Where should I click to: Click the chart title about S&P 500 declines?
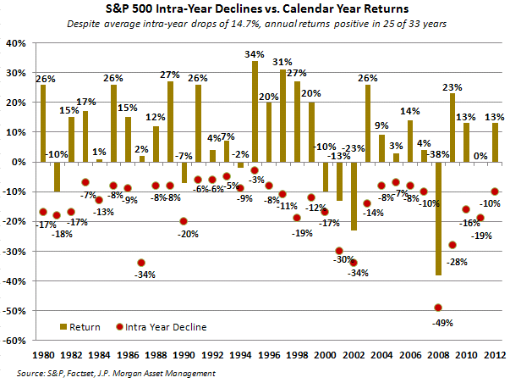255,9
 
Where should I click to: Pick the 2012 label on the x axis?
495,354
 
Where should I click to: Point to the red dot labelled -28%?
452,245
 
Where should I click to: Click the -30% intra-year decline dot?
339,251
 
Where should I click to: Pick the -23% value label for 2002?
354,149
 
